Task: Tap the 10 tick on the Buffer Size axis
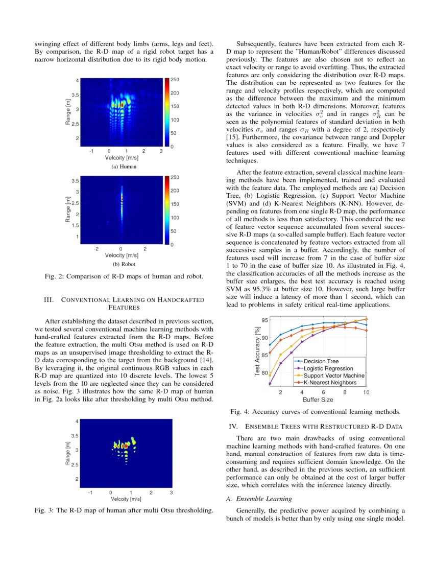point(366,392)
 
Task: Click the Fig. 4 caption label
point(239,412)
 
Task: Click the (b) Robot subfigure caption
point(123,264)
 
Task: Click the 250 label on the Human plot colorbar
point(175,80)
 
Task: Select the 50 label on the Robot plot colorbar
point(173,231)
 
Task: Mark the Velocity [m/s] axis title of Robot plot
point(122,255)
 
